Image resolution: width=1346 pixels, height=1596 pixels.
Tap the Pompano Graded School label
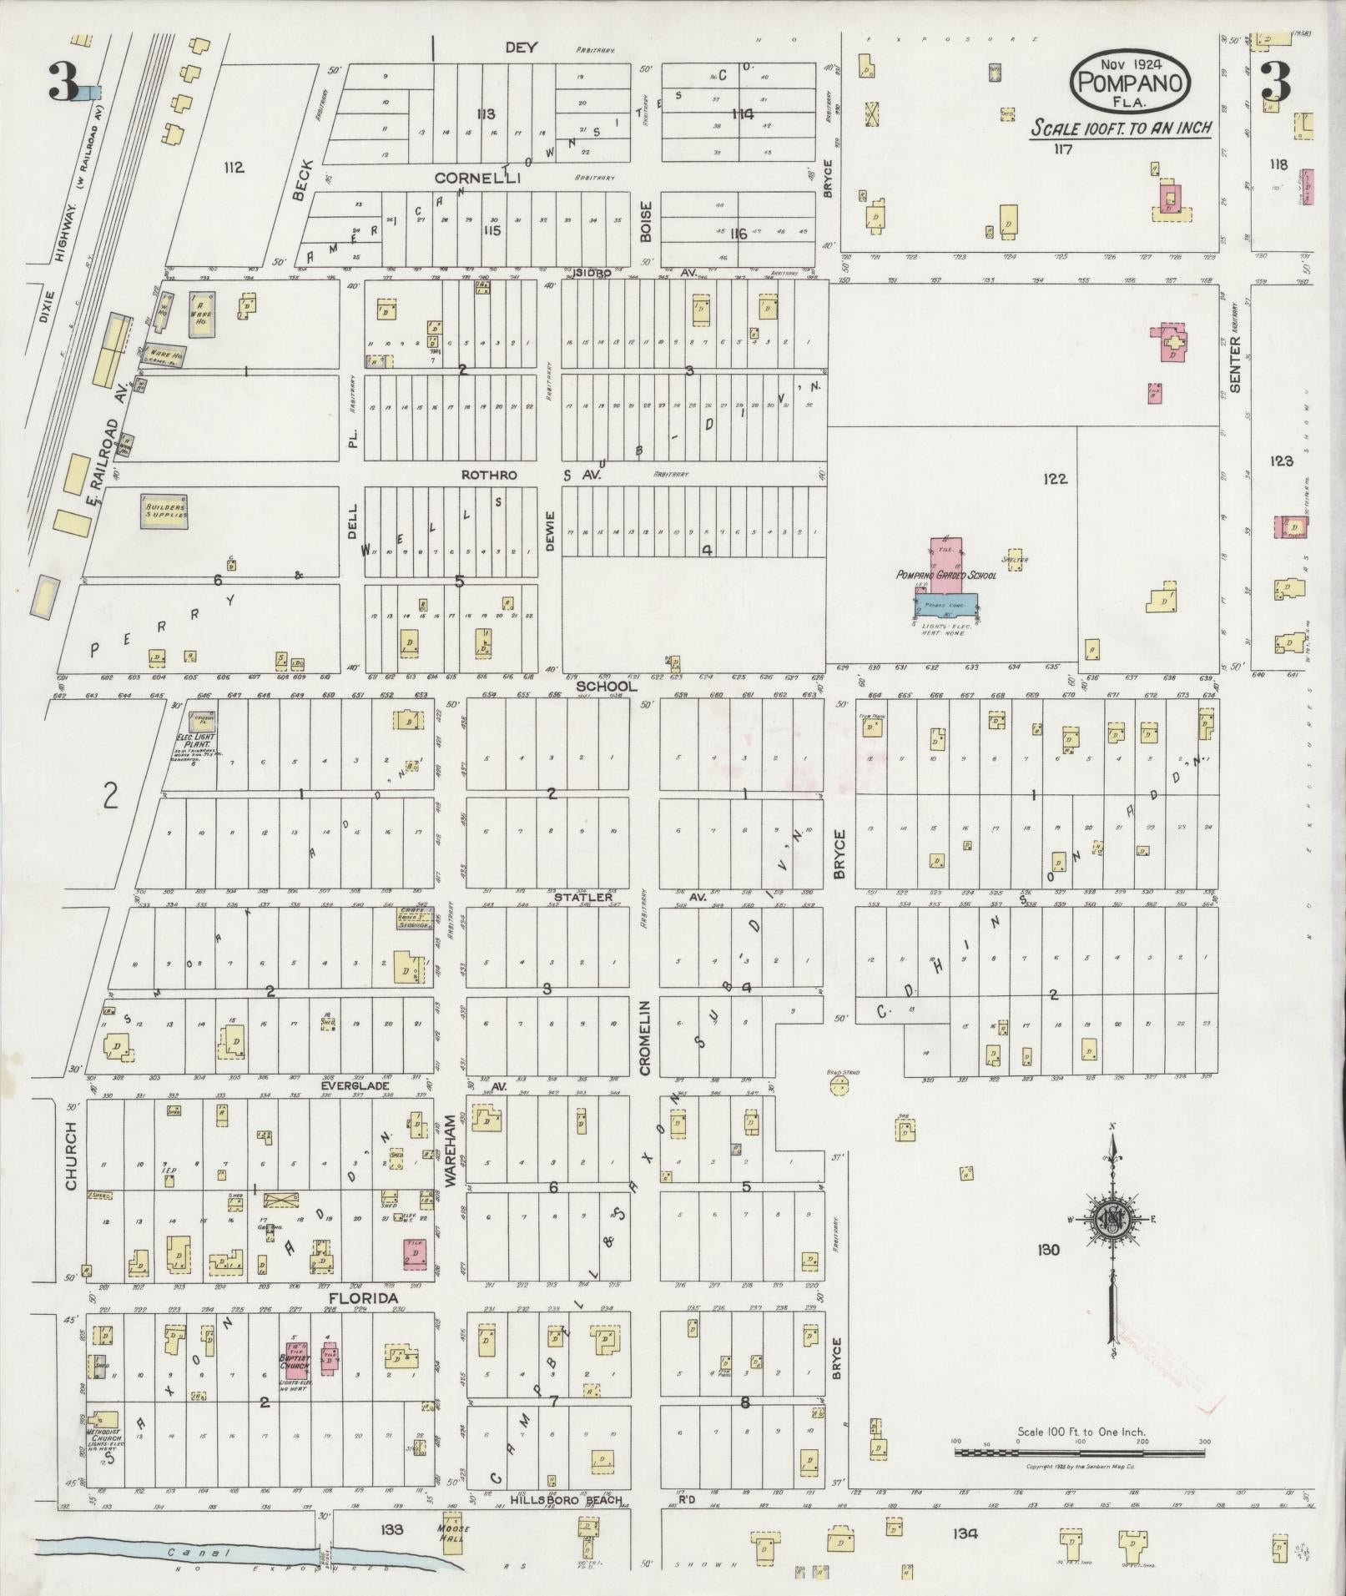(x=945, y=575)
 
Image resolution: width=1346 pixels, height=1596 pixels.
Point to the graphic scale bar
(x=1080, y=1453)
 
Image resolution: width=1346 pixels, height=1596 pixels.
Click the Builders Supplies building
(x=166, y=511)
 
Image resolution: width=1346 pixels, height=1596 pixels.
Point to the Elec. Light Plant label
(x=197, y=738)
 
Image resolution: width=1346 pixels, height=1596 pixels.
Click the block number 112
(x=234, y=168)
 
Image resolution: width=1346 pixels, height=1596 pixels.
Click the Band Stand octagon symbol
(x=839, y=1085)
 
